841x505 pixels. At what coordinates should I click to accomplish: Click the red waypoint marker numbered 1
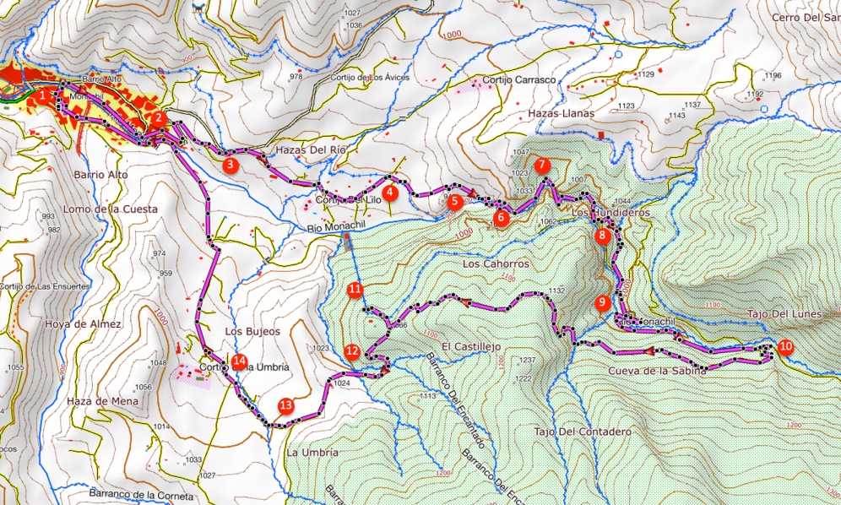pyautogui.click(x=41, y=96)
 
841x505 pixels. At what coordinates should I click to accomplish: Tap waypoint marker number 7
pyautogui.click(x=542, y=166)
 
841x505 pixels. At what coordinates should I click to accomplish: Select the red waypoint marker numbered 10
pyautogui.click(x=785, y=346)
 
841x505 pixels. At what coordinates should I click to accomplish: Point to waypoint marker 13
pyautogui.click(x=286, y=405)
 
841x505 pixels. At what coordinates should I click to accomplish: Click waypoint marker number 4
pyautogui.click(x=390, y=193)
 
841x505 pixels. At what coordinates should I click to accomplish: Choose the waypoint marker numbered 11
pyautogui.click(x=355, y=291)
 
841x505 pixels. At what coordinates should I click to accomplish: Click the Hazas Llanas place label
pyautogui.click(x=561, y=112)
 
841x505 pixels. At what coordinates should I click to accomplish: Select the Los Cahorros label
pyautogui.click(x=496, y=263)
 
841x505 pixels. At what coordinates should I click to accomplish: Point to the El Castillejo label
pyautogui.click(x=471, y=346)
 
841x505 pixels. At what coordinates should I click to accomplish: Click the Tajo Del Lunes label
pyautogui.click(x=784, y=314)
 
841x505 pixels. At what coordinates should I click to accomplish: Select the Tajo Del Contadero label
pyautogui.click(x=583, y=432)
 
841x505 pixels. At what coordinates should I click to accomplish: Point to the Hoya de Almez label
pyautogui.click(x=85, y=324)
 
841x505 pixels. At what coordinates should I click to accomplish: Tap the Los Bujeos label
pyautogui.click(x=252, y=331)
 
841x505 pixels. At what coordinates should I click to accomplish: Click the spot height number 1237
pyautogui.click(x=528, y=361)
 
